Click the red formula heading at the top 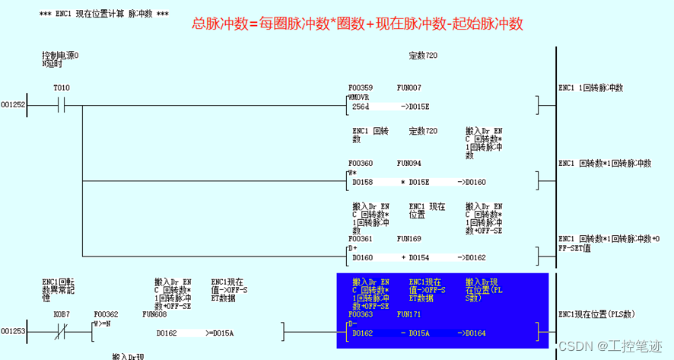(358, 24)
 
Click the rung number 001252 (13, 105)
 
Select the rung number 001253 (13, 332)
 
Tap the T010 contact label (61, 88)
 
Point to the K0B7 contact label (61, 314)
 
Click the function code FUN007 (409, 88)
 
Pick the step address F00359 (361, 88)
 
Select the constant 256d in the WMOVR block (361, 107)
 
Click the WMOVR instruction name (358, 97)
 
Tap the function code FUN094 (409, 163)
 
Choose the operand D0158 (363, 182)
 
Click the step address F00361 (361, 238)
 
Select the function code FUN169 (409, 238)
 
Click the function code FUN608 (154, 314)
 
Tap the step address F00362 (107, 314)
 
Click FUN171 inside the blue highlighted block (409, 314)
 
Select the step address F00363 (361, 314)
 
